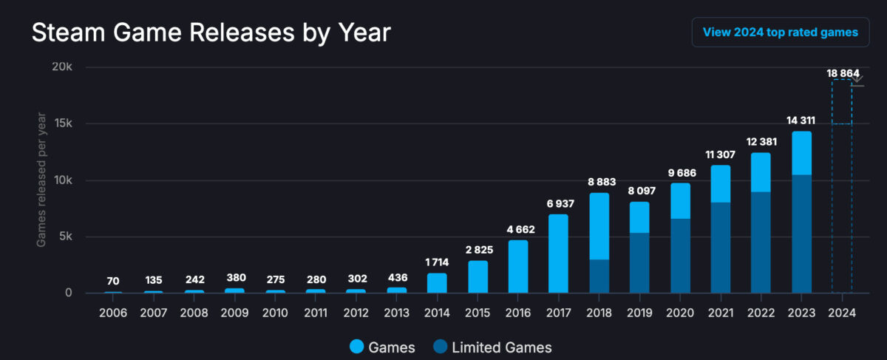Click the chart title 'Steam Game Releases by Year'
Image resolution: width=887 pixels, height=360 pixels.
point(211,33)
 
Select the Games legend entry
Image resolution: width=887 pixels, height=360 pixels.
point(381,347)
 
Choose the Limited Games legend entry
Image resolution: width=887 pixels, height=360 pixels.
point(492,347)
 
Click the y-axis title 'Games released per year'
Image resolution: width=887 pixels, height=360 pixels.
point(42,180)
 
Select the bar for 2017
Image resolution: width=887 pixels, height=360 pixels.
point(558,254)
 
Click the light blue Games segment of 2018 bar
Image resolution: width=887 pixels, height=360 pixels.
point(599,225)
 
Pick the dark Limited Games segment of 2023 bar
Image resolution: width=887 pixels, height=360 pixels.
point(801,234)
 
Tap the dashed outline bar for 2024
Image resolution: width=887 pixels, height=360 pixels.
point(842,207)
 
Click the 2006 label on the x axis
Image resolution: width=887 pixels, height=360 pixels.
point(113,313)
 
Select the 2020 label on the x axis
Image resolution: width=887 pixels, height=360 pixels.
point(680,313)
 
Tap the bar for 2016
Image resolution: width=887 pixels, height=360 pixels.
point(517,266)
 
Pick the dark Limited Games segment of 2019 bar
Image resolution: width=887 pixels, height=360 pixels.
point(639,262)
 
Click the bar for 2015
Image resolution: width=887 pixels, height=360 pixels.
point(478,276)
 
